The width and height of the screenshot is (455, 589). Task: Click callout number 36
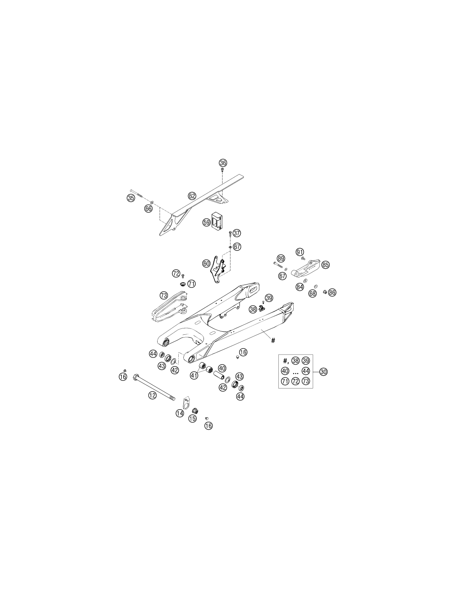click(223, 163)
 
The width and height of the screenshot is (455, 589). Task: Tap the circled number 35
click(131, 198)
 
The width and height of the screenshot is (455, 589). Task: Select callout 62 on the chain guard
click(192, 196)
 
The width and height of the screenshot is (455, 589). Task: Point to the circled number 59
click(206, 222)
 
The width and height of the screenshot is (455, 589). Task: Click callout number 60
click(206, 263)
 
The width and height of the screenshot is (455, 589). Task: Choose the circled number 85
click(326, 265)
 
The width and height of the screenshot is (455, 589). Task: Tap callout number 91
click(299, 252)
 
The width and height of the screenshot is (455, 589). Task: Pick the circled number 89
click(281, 258)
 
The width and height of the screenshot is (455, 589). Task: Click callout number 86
click(332, 292)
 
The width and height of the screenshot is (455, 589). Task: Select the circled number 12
click(152, 396)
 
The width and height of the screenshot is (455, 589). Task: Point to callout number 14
click(180, 413)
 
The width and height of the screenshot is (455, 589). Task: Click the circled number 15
click(192, 418)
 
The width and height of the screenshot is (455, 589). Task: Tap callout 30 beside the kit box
click(323, 372)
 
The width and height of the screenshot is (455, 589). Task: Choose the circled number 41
click(194, 376)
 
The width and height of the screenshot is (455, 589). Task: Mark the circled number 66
click(148, 208)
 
